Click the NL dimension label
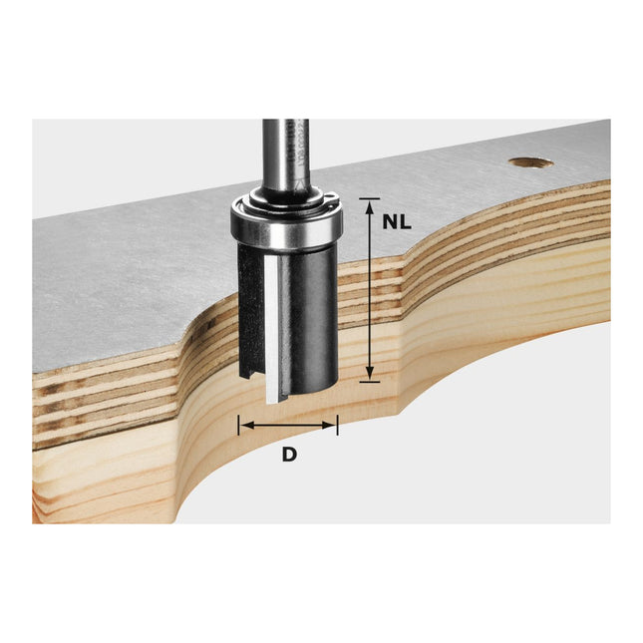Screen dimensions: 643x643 398,221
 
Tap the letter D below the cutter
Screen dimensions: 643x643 289,454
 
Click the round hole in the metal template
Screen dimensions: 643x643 529,161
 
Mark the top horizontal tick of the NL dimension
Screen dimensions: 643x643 370,199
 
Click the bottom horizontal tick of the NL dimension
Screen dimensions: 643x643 370,380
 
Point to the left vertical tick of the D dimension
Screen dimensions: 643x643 238,426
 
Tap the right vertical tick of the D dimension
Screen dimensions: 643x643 338,426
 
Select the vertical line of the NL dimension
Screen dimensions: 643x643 370,289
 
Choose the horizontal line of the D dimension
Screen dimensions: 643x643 288,426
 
